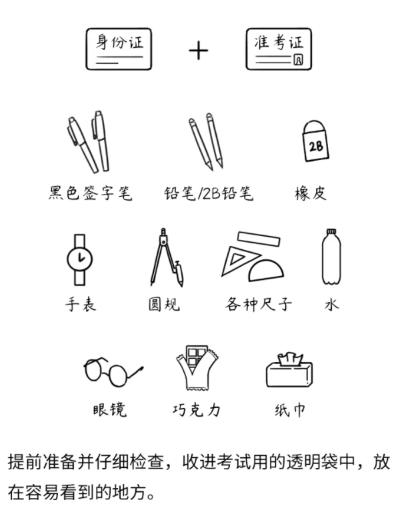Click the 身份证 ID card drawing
point(119,49)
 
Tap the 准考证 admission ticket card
point(279,49)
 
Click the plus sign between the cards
point(199,51)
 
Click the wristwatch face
point(79,259)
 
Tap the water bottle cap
point(331,231)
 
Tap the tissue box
point(289,371)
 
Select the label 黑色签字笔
point(90,193)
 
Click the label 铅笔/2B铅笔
point(209,194)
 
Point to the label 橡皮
point(311,193)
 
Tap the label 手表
point(81,304)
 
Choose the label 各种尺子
point(258,304)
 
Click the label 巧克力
point(197,410)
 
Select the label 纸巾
point(289,410)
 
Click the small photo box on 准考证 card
point(298,59)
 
